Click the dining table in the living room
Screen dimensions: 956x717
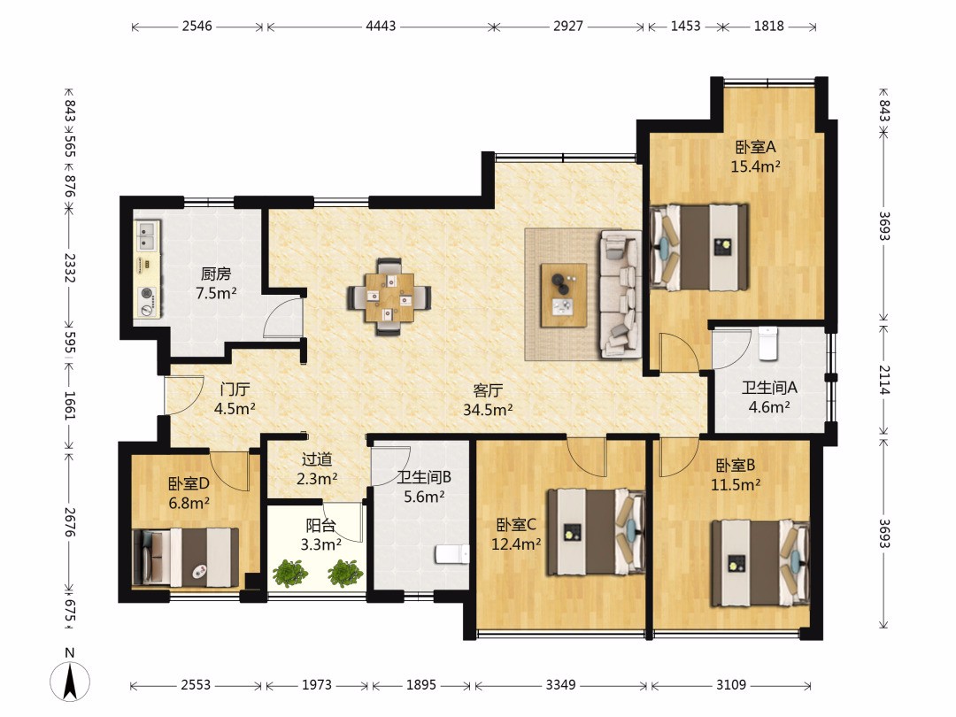(x=389, y=297)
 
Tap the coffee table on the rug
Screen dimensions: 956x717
(x=563, y=295)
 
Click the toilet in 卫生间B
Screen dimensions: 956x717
(x=451, y=554)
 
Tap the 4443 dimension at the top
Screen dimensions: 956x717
(x=381, y=27)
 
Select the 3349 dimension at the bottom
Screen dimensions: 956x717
(x=560, y=684)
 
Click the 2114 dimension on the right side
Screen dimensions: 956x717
(x=884, y=379)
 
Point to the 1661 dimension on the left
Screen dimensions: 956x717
(x=70, y=405)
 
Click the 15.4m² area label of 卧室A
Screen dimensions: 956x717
(x=755, y=166)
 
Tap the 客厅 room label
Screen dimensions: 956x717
(x=488, y=390)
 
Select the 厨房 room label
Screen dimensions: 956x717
(x=216, y=274)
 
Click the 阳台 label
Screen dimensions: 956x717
(x=320, y=525)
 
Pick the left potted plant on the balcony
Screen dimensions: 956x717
(x=290, y=574)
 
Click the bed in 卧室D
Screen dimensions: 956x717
(x=185, y=558)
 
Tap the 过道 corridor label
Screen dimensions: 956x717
(x=317, y=459)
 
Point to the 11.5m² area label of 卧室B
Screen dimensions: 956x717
(x=736, y=485)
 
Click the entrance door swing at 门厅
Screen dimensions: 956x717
(x=185, y=395)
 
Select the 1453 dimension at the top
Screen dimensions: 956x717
(x=685, y=27)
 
